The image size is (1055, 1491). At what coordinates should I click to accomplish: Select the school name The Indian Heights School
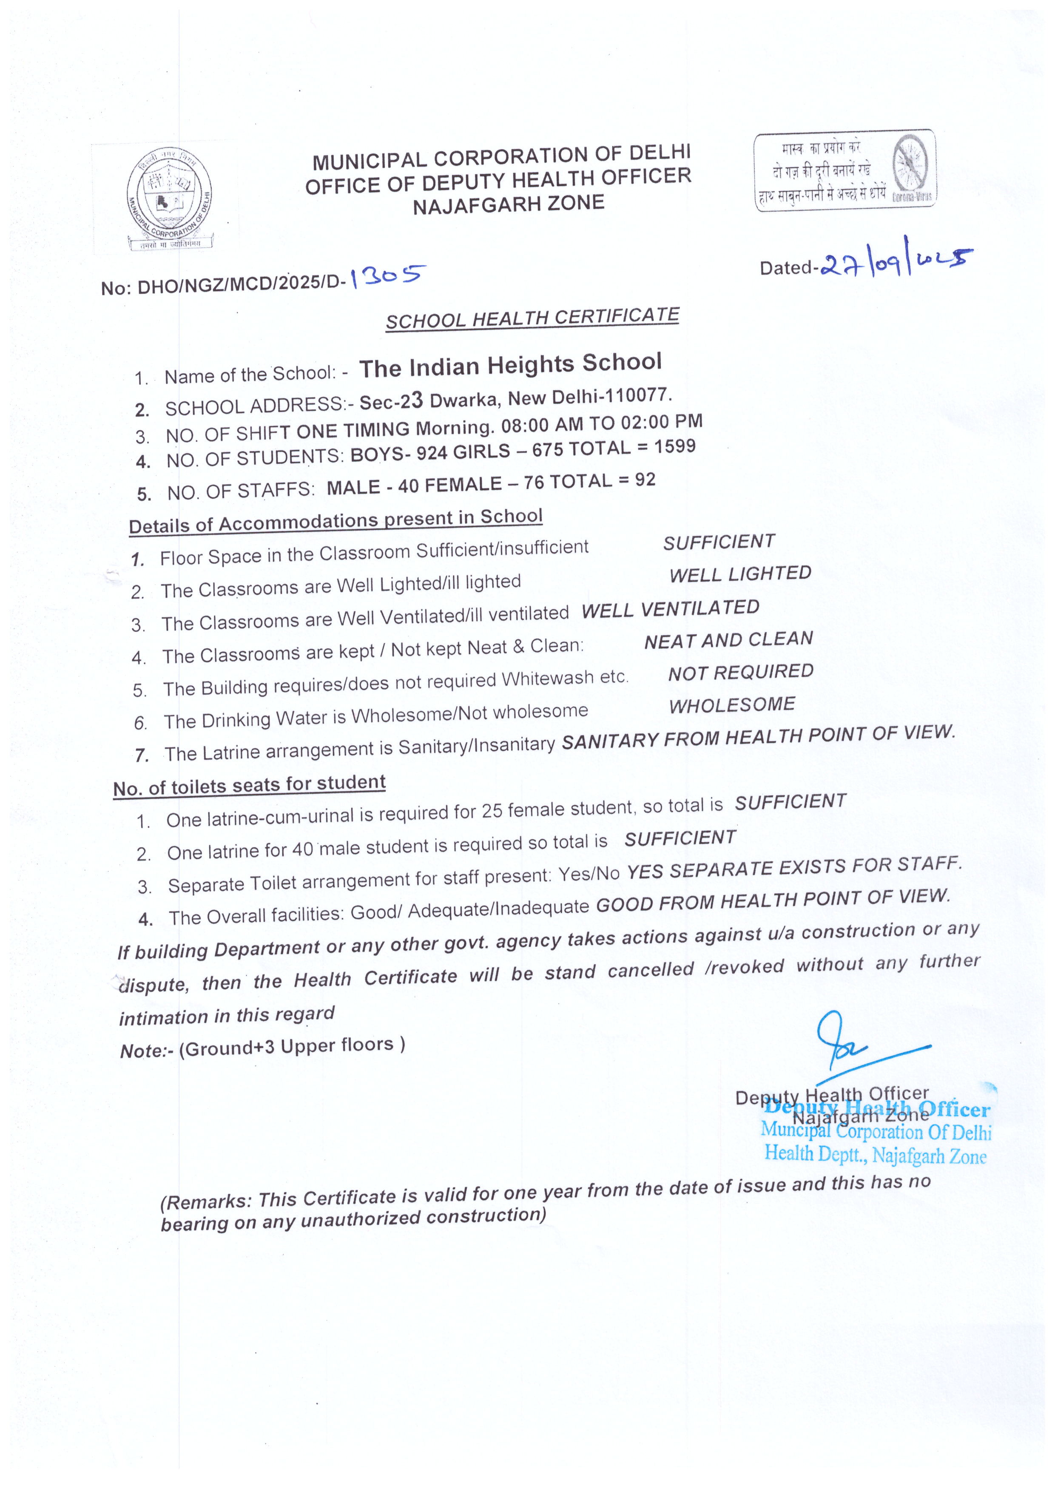coord(511,366)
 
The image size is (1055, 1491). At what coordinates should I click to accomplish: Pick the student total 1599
coord(674,447)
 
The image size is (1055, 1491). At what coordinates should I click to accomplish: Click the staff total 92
coord(645,480)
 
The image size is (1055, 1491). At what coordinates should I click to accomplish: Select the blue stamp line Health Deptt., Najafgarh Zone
coord(875,1154)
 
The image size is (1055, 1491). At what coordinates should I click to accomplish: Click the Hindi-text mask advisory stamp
coord(845,170)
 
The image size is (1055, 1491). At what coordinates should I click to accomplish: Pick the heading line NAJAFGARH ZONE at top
coord(509,204)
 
